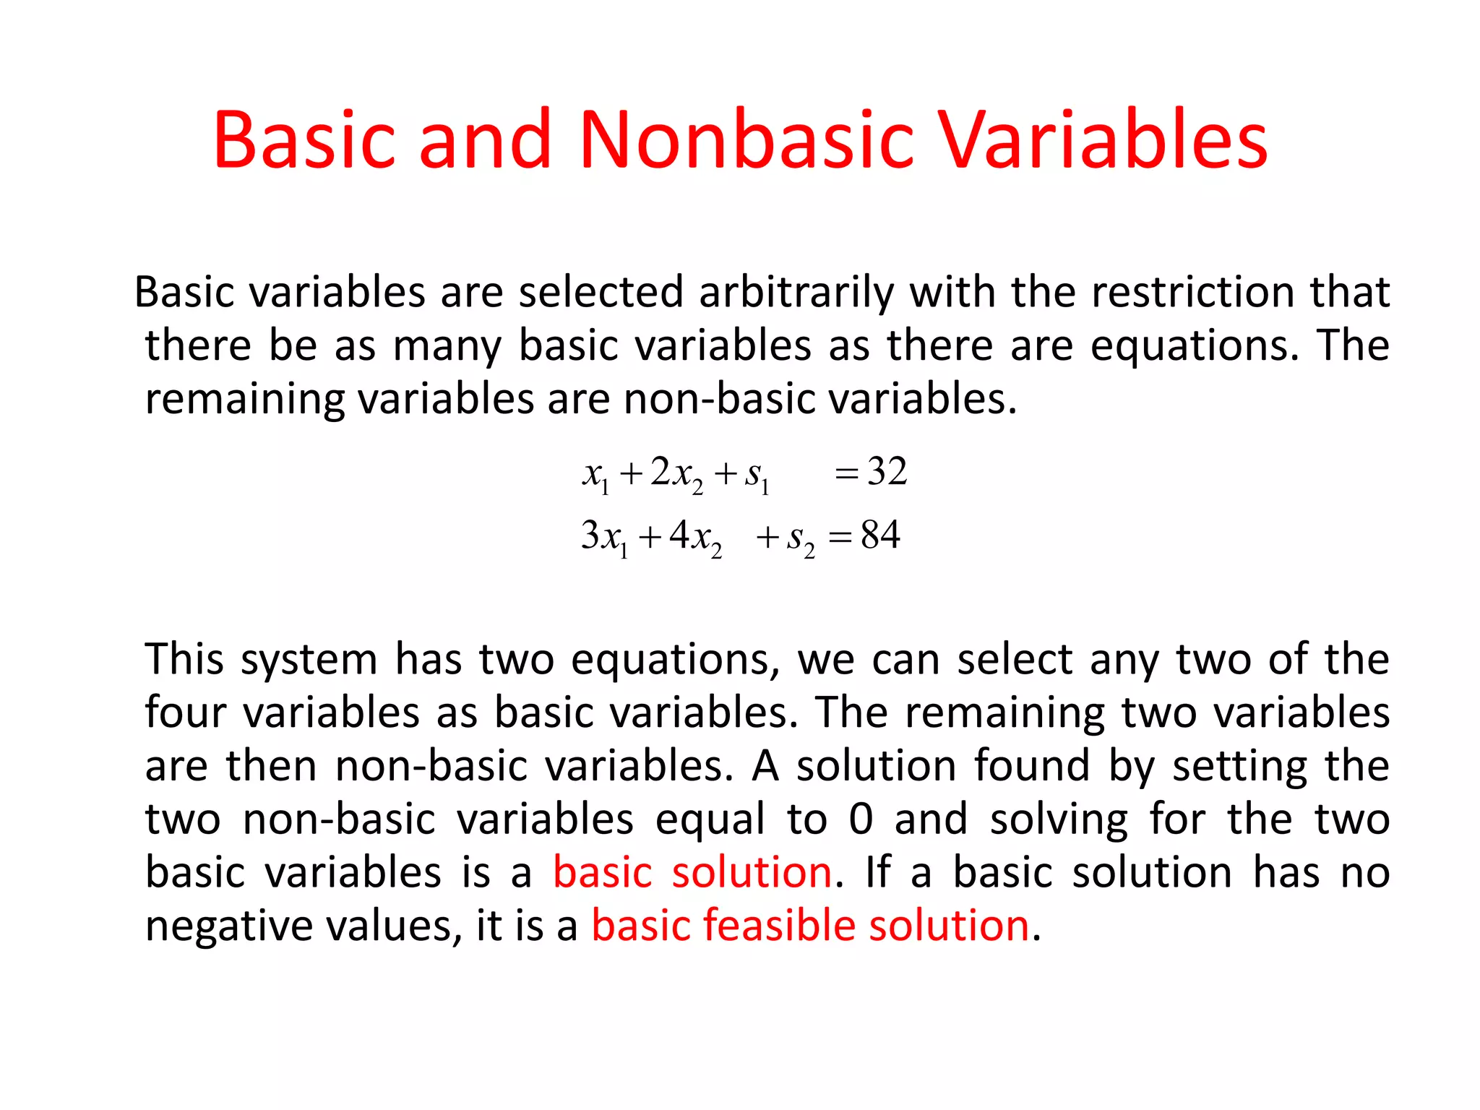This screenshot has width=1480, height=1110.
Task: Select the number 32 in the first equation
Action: pos(887,472)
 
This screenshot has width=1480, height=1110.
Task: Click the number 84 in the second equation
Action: pos(880,535)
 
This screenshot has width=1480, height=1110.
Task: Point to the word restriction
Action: pos(1193,293)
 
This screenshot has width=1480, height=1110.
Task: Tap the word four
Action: pos(185,713)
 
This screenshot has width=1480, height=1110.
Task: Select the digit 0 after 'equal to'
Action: pos(861,819)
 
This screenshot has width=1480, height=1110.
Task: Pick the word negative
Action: pos(228,926)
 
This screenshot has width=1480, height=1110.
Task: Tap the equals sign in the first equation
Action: pos(846,474)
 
